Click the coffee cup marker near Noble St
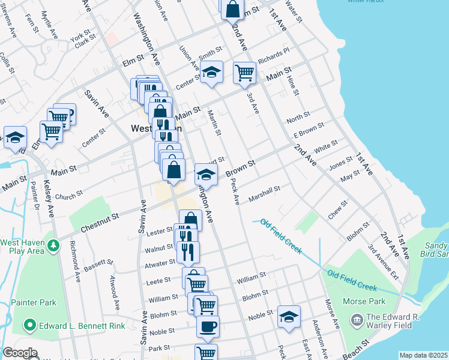click(x=208, y=327)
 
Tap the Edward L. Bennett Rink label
click(x=77, y=326)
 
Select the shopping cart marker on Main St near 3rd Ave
click(x=244, y=73)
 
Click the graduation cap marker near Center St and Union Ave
click(x=211, y=72)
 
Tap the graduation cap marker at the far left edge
click(x=15, y=136)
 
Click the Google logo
click(x=19, y=353)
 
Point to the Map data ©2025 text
click(x=423, y=355)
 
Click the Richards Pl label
click(x=274, y=57)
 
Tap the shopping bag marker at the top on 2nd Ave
click(x=233, y=10)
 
